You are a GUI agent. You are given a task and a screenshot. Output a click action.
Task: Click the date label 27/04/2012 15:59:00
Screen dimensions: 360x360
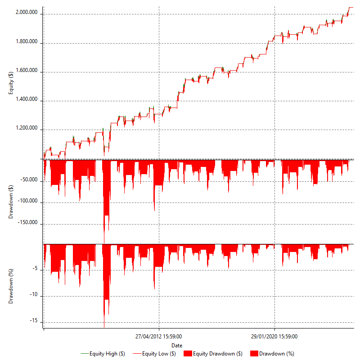click(x=159, y=336)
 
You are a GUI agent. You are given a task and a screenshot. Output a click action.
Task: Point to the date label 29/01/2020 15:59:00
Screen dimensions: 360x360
click(x=274, y=336)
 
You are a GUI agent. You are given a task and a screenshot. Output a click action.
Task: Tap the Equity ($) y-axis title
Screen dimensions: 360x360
click(x=11, y=84)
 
